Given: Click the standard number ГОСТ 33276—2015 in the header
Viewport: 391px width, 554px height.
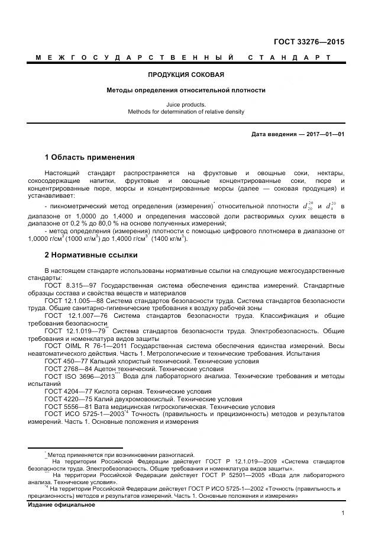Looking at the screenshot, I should click(x=308, y=42).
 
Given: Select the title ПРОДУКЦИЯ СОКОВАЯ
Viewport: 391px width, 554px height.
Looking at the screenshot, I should click(x=186, y=75).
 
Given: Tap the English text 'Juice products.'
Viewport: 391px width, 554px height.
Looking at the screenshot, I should click(x=186, y=104).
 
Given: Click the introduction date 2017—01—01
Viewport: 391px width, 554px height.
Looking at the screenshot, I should click(x=323, y=134).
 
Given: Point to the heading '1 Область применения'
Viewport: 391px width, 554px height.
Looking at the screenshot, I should click(x=90, y=157).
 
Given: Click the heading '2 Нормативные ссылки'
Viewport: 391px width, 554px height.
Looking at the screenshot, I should click(x=91, y=255).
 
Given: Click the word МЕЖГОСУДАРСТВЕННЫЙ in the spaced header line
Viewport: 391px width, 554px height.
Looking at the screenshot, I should click(x=134, y=57).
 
